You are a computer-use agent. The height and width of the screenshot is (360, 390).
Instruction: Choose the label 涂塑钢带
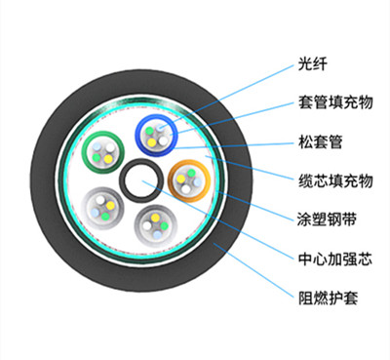pos(322,216)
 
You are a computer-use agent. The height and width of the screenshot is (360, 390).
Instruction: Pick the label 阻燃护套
pos(322,295)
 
